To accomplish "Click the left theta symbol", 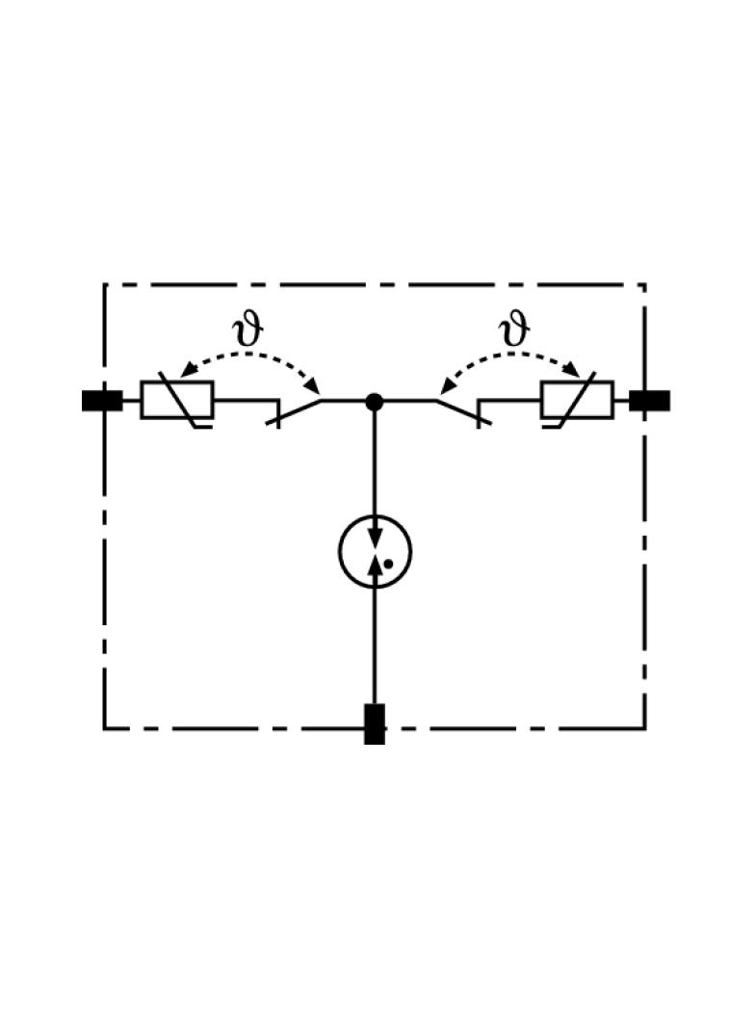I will point(248,330).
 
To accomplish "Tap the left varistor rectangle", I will point(177,400).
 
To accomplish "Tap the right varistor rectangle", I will point(577,400).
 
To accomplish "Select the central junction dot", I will point(375,401).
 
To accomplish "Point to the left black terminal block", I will point(102,401).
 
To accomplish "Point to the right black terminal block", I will point(649,401).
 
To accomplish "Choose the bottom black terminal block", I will point(375,724).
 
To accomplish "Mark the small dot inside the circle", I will point(387,564).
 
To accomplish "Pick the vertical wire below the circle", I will point(375,645).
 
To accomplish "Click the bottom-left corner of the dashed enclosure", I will point(104,728).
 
